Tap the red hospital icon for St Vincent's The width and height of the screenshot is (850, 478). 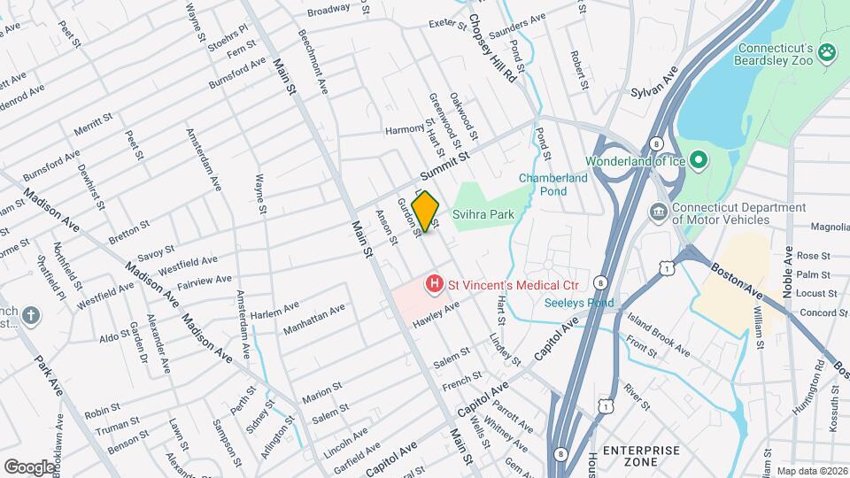click(x=434, y=285)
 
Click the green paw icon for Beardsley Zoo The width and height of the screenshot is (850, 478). click(x=828, y=53)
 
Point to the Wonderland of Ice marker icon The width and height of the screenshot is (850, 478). click(x=698, y=160)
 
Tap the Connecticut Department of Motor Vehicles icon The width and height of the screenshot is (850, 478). click(x=658, y=212)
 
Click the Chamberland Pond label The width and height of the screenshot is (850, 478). click(x=553, y=184)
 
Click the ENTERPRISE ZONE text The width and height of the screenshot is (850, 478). click(x=641, y=456)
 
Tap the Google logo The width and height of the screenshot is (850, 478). click(x=28, y=466)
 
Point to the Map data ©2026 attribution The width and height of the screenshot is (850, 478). click(x=811, y=471)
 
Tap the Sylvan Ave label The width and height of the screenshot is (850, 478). click(x=653, y=81)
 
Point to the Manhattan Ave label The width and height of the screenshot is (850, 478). click(x=313, y=320)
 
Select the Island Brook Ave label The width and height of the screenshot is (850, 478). click(x=657, y=323)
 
